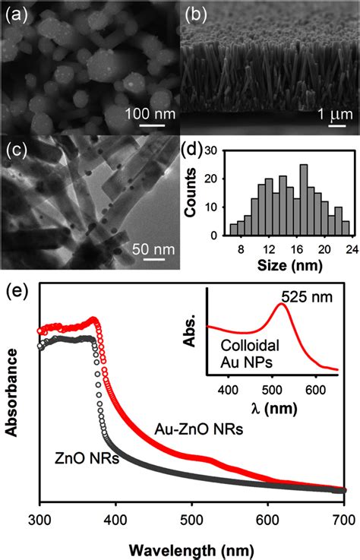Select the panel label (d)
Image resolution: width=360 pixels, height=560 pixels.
pos(196,149)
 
